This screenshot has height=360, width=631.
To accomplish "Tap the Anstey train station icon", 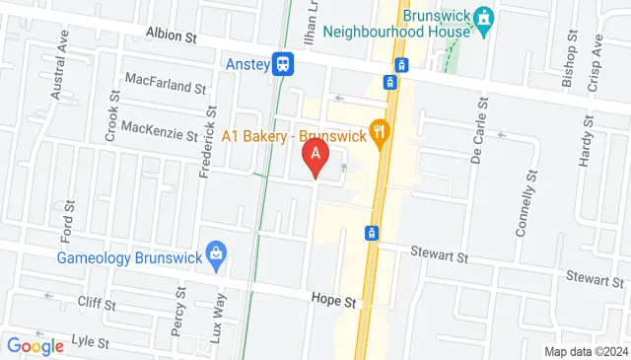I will (284, 63).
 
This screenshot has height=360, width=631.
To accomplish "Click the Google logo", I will (35, 345).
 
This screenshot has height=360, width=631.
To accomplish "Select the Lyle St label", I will (89, 341).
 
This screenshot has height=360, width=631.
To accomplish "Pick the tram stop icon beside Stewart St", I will (372, 234).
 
